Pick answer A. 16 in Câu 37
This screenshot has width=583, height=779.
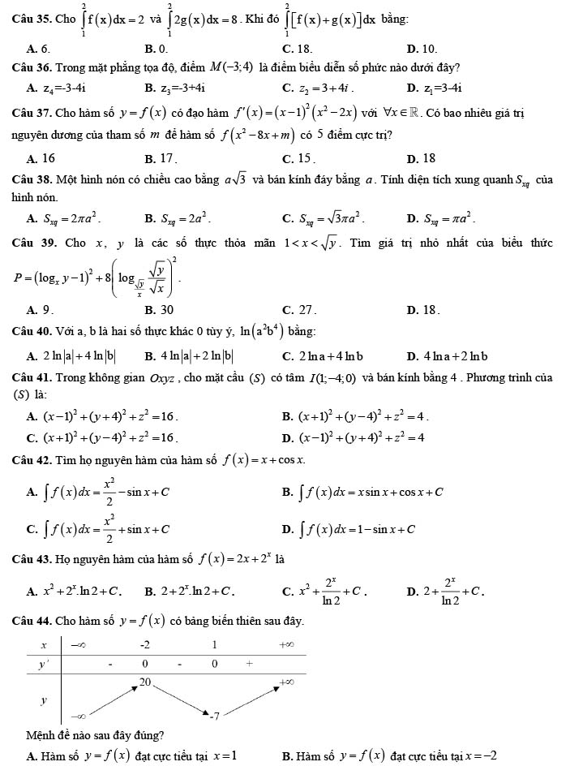tap(42, 158)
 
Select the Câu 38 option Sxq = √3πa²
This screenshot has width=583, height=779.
tap(322, 219)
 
